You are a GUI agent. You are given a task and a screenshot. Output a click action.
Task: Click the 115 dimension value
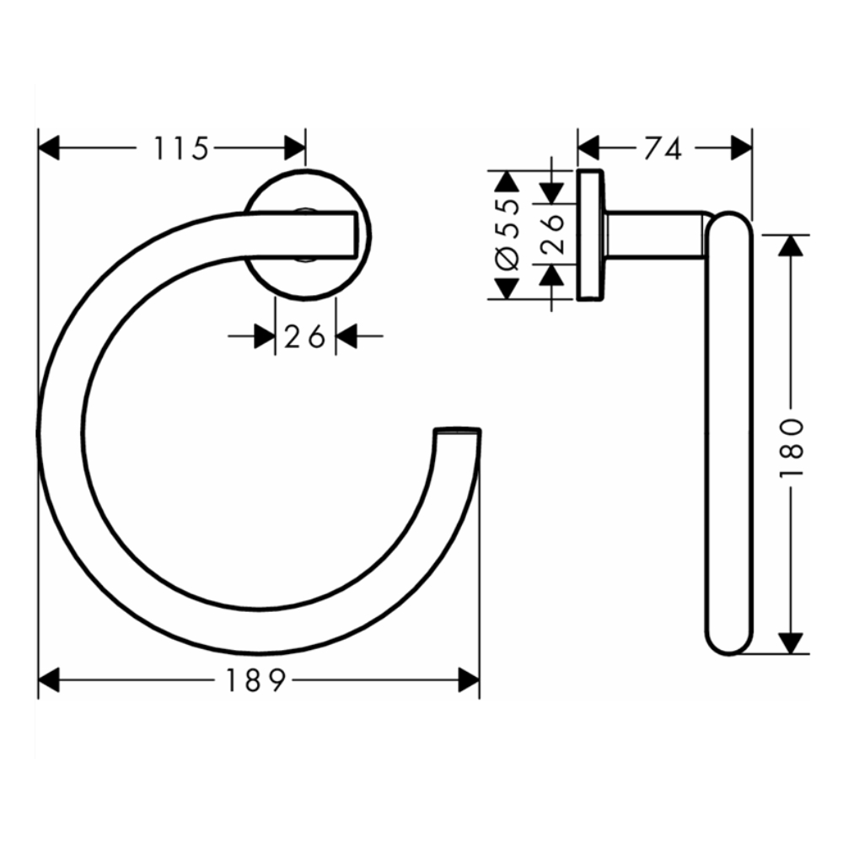click(x=180, y=148)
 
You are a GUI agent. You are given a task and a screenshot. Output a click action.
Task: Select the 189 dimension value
click(x=257, y=679)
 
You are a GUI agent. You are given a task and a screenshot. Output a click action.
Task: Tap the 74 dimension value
click(x=662, y=148)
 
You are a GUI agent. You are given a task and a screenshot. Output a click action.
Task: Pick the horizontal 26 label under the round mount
click(x=304, y=337)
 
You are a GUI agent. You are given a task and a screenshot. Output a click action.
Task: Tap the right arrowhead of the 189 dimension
click(x=469, y=679)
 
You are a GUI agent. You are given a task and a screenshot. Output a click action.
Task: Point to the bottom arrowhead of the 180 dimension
click(x=790, y=643)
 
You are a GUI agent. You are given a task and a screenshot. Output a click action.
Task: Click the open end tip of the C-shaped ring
click(x=458, y=432)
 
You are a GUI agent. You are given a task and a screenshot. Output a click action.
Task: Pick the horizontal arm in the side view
click(x=653, y=235)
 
